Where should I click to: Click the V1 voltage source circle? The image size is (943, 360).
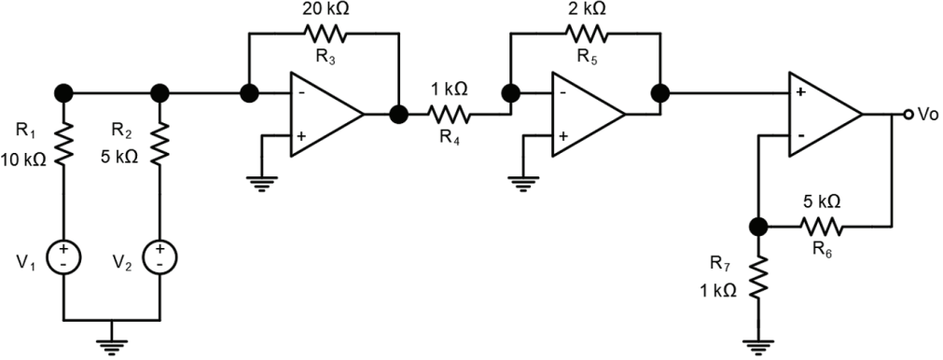(63, 257)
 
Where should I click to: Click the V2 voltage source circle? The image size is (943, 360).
(159, 257)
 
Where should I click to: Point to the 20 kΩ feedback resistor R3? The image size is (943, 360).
(325, 33)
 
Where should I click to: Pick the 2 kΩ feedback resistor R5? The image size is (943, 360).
(587, 33)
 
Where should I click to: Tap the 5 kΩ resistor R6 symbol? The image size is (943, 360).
(821, 227)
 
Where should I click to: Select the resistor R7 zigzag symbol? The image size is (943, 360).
(758, 276)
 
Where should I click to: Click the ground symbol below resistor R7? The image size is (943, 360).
(758, 347)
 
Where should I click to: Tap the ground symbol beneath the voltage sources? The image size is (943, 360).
(111, 347)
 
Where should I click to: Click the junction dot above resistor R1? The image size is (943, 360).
(63, 93)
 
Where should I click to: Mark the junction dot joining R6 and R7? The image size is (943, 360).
(758, 227)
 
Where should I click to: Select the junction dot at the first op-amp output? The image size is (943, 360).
(398, 114)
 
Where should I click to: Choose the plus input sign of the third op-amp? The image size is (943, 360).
(800, 93)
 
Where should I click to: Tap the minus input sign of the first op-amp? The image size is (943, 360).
(300, 93)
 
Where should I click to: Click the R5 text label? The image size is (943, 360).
(587, 58)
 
